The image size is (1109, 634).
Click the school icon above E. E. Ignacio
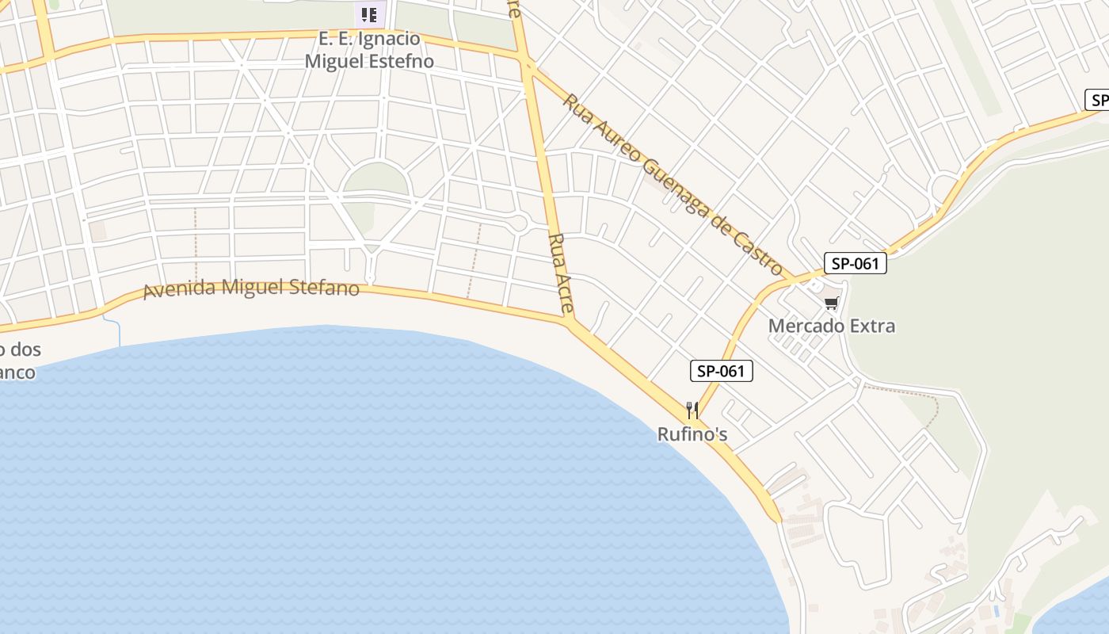368,14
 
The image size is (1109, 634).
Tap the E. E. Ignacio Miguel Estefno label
369,49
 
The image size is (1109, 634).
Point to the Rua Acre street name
560,273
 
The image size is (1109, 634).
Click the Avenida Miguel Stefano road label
251,287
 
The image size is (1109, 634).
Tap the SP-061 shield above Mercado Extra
855,263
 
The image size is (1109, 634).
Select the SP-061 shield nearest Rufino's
721,370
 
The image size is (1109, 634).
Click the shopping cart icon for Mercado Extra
831,303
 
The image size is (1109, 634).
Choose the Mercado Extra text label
832,326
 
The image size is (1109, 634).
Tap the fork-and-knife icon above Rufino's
692,410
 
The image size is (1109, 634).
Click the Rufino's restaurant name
692,434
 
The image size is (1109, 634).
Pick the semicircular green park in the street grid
377,178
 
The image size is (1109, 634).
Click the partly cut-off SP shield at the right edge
1097,100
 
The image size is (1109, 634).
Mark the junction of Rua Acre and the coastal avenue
569,321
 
